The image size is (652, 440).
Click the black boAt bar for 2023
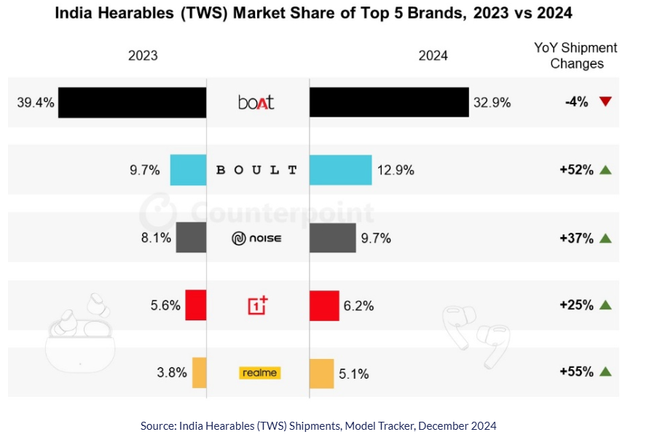132,103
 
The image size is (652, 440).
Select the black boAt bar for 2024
388,103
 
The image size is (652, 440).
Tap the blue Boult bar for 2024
340,170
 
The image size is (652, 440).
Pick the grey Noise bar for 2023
191,238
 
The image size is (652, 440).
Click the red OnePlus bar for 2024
324,305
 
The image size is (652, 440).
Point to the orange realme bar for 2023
199,373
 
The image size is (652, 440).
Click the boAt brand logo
256,103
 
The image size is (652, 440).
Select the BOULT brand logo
257,170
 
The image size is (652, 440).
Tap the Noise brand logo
257,238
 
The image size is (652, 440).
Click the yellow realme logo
259,373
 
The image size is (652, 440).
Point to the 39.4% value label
36,103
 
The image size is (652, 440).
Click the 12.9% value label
396,170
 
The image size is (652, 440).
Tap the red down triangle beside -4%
605,102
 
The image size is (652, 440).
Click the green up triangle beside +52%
605,170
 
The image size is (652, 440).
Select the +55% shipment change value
576,371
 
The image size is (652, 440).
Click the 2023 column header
143,55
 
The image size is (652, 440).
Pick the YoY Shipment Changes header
576,55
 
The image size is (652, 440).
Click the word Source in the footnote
157,425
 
